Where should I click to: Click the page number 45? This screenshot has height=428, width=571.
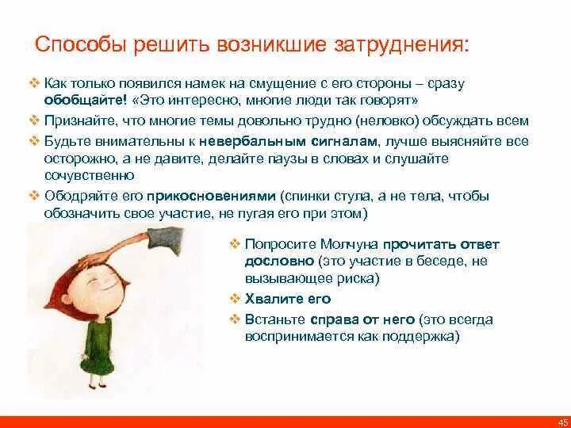[x=562, y=422]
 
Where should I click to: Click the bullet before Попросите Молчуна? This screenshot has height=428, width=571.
[x=235, y=245]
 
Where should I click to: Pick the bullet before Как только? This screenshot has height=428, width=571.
[x=34, y=83]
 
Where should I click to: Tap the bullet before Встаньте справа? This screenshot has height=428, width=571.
[x=235, y=319]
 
